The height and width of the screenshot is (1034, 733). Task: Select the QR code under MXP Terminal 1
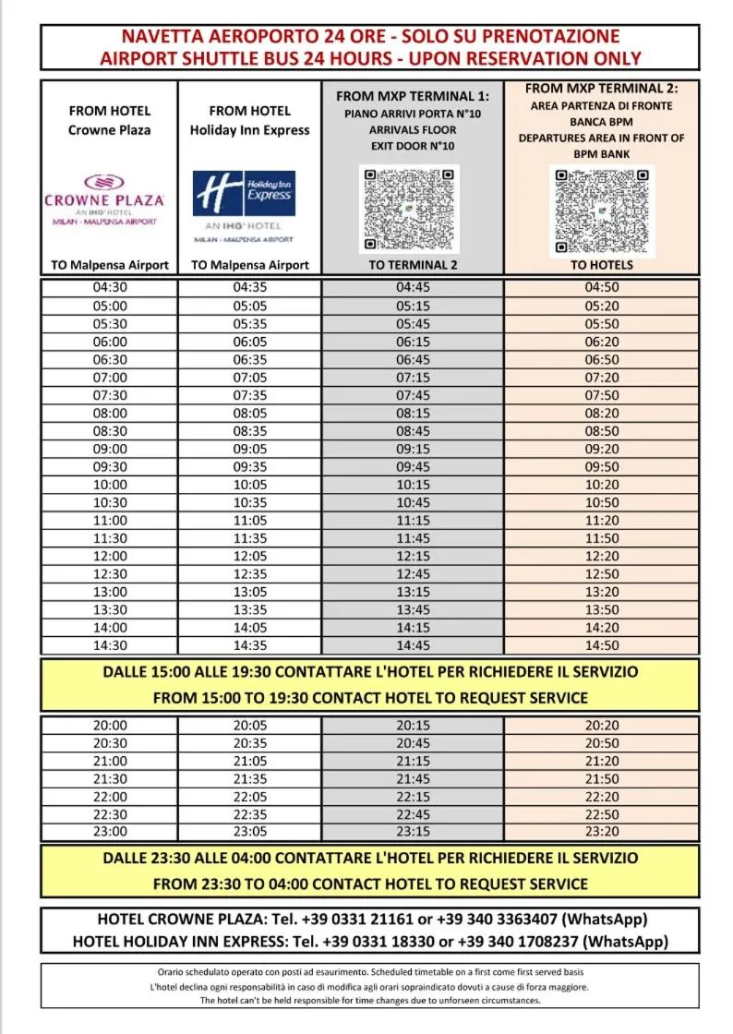pyautogui.click(x=409, y=210)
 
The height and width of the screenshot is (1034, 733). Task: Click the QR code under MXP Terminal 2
pyautogui.click(x=602, y=211)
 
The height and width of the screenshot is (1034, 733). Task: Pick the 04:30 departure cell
pyautogui.click(x=110, y=287)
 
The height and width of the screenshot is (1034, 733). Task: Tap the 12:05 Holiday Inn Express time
pyautogui.click(x=250, y=556)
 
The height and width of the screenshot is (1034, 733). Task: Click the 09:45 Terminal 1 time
pyautogui.click(x=413, y=466)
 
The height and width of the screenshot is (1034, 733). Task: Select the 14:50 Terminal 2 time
pyautogui.click(x=602, y=645)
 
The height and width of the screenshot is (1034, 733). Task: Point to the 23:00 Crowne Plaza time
pyautogui.click(x=110, y=831)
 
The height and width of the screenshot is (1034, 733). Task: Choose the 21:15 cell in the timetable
pyautogui.click(x=413, y=761)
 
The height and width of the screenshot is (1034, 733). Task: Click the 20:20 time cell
pyautogui.click(x=602, y=726)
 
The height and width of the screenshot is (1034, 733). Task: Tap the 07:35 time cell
pyautogui.click(x=250, y=395)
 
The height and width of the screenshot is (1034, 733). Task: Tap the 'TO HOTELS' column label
pyautogui.click(x=602, y=265)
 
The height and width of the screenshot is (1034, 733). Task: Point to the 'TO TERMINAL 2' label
pyautogui.click(x=413, y=265)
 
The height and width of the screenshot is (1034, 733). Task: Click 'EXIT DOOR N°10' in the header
pyautogui.click(x=413, y=146)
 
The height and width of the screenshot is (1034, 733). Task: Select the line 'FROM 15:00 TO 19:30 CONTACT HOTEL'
pyautogui.click(x=369, y=698)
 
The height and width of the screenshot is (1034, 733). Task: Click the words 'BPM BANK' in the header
pyautogui.click(x=602, y=154)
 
